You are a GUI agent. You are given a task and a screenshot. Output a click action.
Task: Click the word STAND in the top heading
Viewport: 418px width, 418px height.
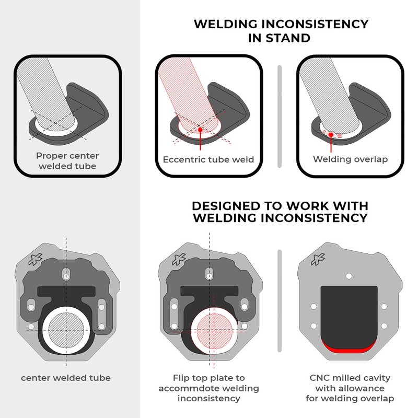pyautogui.click(x=288, y=38)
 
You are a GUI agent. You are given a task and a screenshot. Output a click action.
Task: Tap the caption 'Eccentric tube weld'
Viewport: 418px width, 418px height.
pyautogui.click(x=208, y=159)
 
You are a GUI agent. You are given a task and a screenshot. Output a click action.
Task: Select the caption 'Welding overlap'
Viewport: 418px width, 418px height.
pyautogui.click(x=350, y=159)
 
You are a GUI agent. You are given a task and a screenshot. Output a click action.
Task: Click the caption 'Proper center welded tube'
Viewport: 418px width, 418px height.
pyautogui.click(x=67, y=161)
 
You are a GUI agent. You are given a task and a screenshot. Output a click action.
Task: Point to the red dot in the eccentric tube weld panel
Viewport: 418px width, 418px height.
pyautogui.click(x=201, y=129)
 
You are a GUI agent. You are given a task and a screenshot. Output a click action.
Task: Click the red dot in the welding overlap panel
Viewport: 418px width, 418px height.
pyautogui.click(x=331, y=135)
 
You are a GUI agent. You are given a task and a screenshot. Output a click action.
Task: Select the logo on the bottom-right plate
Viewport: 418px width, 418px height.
pyautogui.click(x=318, y=259)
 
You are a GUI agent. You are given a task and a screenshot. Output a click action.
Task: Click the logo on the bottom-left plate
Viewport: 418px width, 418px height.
pyautogui.click(x=36, y=259)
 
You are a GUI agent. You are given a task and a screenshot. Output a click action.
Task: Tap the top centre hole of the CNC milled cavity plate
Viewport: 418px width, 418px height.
pyautogui.click(x=349, y=276)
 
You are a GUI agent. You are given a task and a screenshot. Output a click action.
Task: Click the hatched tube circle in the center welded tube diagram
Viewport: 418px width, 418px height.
pyautogui.click(x=66, y=330)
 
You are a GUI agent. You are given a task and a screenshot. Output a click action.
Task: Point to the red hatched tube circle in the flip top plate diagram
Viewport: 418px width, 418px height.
pyautogui.click(x=214, y=331)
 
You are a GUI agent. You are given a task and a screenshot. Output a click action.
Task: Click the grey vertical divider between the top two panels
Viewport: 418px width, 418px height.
pyautogui.click(x=280, y=117)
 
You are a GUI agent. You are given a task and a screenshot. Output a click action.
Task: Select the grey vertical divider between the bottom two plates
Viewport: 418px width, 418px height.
pyautogui.click(x=280, y=301)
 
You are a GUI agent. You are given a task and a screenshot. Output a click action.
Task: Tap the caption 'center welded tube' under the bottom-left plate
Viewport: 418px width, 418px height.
pyautogui.click(x=66, y=378)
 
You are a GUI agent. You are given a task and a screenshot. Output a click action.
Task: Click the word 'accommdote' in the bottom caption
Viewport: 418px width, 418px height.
pyautogui.click(x=187, y=388)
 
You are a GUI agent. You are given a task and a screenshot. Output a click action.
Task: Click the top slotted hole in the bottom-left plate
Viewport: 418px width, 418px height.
pyautogui.click(x=66, y=275)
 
